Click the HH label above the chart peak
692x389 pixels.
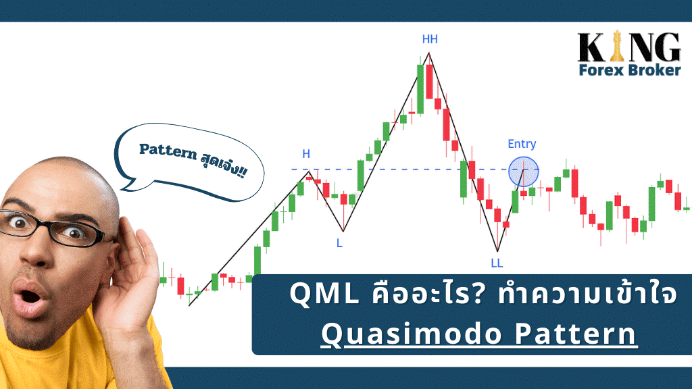430,39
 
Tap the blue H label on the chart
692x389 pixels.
306,154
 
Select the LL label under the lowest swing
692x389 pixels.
497,263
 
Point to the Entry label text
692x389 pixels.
522,144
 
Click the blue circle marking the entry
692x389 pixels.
524,172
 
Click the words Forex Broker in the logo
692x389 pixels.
630,70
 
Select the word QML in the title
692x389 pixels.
324,294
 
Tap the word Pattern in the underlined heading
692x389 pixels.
576,334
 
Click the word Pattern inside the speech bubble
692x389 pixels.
168,151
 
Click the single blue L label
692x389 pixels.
339,243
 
